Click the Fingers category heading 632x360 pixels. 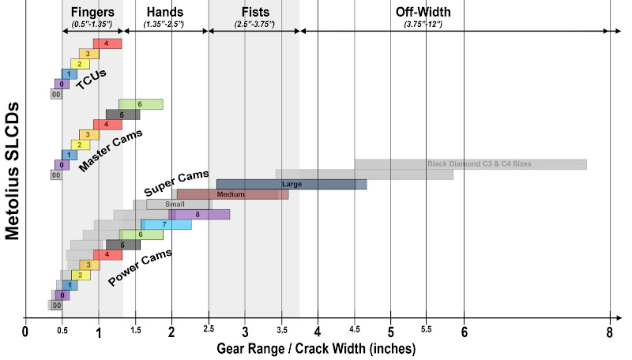tap(92, 12)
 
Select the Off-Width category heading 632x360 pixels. tap(419, 12)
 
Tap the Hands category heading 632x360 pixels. tap(164, 12)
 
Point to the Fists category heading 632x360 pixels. tap(253, 12)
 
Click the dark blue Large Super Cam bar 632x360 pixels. tap(292, 184)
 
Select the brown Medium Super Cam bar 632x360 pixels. tap(232, 194)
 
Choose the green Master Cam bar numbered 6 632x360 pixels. tap(141, 104)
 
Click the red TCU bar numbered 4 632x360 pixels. tap(107, 43)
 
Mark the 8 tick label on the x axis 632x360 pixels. tap(610, 331)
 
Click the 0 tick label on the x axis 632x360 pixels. tap(25, 331)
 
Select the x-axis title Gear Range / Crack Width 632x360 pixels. tap(317, 347)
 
